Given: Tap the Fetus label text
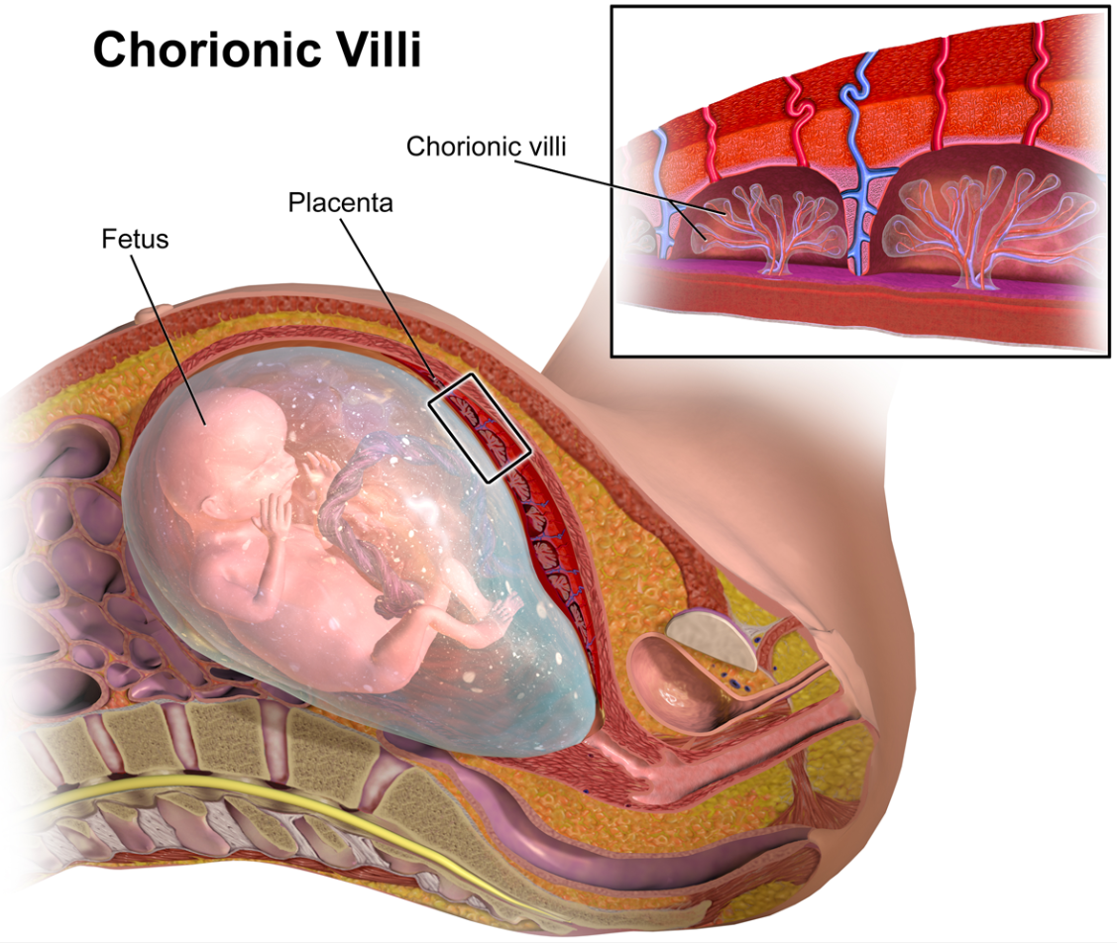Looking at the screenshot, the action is point(135,239).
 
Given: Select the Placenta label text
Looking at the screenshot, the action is point(340,203).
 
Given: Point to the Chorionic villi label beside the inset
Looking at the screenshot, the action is point(486,146).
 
